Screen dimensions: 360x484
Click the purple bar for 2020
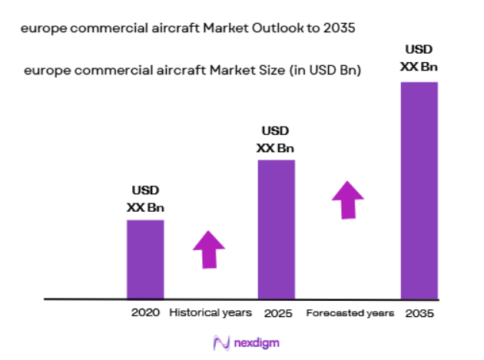[145, 259]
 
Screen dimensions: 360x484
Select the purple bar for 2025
[276, 229]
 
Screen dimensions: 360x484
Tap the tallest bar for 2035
[419, 190]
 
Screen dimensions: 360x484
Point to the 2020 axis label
[145, 313]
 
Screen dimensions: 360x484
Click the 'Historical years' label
[211, 313]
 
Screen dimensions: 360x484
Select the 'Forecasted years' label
[350, 313]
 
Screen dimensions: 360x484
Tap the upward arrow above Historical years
[208, 248]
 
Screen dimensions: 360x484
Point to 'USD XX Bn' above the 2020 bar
[145, 199]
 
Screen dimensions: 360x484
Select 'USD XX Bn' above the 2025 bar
[276, 139]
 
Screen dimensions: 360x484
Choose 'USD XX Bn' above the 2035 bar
[419, 58]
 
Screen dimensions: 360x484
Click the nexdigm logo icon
[221, 343]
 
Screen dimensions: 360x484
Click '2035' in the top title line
[343, 28]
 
